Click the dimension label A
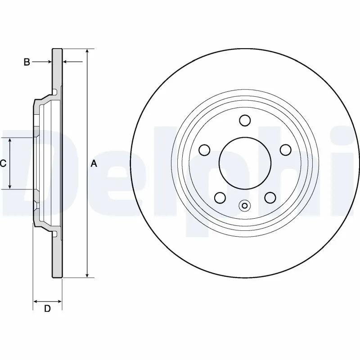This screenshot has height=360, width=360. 94,164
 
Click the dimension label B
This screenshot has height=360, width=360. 27,62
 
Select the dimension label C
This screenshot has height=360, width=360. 3,164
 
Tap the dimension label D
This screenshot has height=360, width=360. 47,308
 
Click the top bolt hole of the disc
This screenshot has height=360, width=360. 245,120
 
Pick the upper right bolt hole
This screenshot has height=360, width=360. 285,149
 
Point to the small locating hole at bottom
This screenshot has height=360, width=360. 245,206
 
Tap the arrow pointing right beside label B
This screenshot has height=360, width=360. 49,62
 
